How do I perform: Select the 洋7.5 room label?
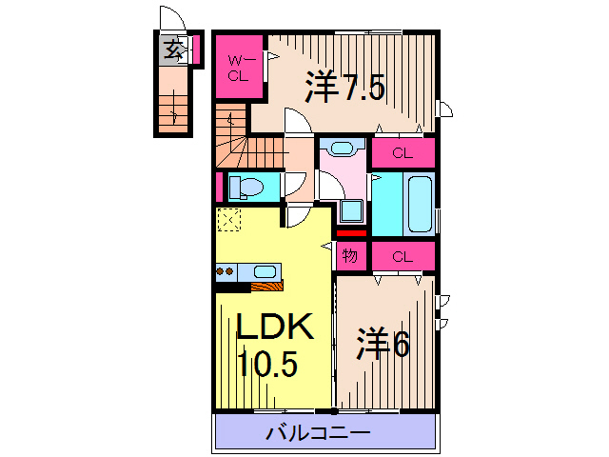pyautogui.click(x=344, y=88)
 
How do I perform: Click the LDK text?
pyautogui.click(x=274, y=328)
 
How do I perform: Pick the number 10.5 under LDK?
pyautogui.click(x=267, y=363)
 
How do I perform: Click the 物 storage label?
pyautogui.click(x=349, y=255)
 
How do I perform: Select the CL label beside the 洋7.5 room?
pyautogui.click(x=402, y=152)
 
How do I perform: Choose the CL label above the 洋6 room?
pyautogui.click(x=402, y=256)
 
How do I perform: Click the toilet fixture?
pyautogui.click(x=249, y=187)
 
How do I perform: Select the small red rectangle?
pyautogui.click(x=349, y=232)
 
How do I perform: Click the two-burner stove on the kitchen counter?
pyautogui.click(x=226, y=271)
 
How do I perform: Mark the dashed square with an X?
pyautogui.click(x=228, y=220)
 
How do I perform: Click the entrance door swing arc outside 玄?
pyautogui.click(x=171, y=19)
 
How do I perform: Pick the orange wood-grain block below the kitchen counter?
pyautogui.click(x=265, y=285)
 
